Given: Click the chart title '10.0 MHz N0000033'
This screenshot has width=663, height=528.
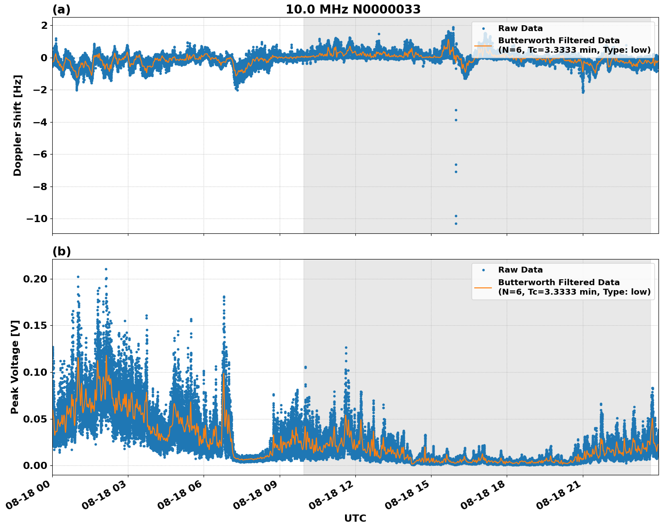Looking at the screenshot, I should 353,9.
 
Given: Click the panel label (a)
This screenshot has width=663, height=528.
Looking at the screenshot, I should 61,9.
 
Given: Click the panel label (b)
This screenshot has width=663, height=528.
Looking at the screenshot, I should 61,251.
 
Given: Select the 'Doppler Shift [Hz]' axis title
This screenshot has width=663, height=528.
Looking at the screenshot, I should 18,125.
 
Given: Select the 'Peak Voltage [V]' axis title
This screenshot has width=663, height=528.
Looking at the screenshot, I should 15,367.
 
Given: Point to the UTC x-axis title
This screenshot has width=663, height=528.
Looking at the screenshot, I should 355,518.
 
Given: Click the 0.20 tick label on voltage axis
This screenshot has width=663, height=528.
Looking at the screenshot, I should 35,279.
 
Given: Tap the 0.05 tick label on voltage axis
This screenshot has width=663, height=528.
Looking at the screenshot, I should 35,419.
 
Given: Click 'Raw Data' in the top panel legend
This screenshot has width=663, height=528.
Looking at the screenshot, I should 520,28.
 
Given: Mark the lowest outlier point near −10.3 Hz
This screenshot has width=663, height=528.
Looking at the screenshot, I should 456,223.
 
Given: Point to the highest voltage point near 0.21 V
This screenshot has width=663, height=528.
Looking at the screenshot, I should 106,269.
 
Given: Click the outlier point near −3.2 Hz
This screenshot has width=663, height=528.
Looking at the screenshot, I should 456,110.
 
